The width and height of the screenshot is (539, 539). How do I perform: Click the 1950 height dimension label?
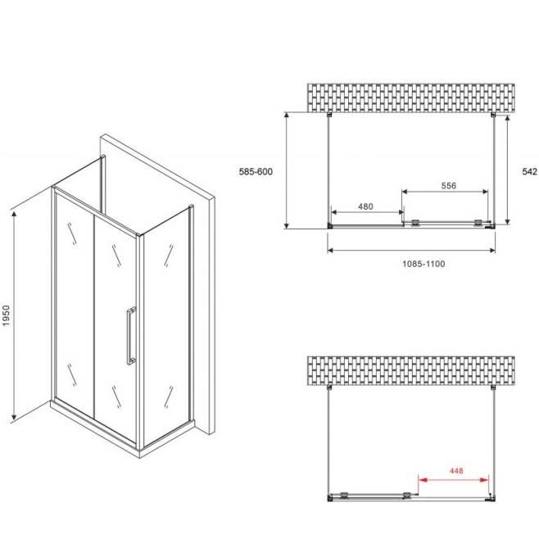click(x=6, y=315)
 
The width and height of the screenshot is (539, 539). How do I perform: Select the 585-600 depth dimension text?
click(x=256, y=171)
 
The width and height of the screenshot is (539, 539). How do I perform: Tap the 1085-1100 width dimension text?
click(x=423, y=264)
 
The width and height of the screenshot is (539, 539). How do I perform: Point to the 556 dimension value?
click(x=449, y=186)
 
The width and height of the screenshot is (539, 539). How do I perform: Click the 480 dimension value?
click(x=365, y=206)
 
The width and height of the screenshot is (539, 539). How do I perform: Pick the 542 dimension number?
click(x=529, y=171)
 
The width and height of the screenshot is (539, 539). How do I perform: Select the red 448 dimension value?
click(x=456, y=470)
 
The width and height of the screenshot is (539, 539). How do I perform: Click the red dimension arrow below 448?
click(x=454, y=479)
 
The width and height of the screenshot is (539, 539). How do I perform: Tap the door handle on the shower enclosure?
click(x=131, y=336)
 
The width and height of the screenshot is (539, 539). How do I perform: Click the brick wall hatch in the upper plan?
click(x=411, y=97)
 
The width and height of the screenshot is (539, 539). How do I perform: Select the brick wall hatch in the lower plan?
click(x=411, y=370)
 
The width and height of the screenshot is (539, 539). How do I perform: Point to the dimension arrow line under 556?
click(x=445, y=192)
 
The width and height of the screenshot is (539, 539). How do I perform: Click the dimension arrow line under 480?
click(x=367, y=212)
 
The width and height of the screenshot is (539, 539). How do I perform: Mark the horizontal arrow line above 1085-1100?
click(x=411, y=251)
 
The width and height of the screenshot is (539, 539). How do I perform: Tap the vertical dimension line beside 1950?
click(x=14, y=316)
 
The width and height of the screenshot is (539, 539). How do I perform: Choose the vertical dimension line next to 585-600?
click(x=287, y=170)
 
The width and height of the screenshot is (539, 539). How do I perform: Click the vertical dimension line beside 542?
click(x=507, y=170)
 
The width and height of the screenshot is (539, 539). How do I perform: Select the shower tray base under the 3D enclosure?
click(x=123, y=429)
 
